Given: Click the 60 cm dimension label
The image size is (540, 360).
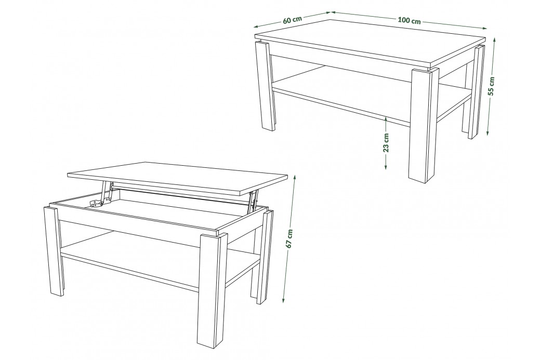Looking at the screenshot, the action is (293, 20).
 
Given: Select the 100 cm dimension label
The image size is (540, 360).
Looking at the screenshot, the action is (409, 20).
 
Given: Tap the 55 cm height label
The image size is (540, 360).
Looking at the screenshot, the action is (492, 86).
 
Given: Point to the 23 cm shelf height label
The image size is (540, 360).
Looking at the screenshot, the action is (386, 142).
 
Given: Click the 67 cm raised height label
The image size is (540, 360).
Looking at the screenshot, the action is (289, 238).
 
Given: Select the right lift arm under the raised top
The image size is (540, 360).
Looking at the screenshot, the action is (253, 201).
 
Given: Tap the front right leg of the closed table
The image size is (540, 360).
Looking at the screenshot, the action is (424, 124).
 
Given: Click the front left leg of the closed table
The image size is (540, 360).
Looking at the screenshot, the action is (265, 86).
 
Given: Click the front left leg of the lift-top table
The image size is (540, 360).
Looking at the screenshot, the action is (54, 251).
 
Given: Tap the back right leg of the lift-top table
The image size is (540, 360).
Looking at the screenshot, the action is (262, 258).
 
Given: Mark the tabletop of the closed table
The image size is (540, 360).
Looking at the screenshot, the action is (370, 43).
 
